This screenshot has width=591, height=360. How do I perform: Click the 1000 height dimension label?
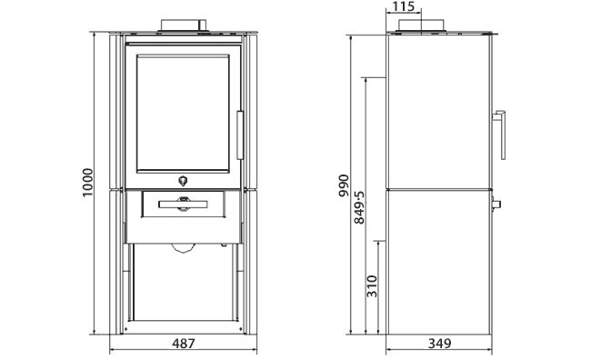coord(87,185)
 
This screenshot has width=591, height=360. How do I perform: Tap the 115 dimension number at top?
coord(403,7)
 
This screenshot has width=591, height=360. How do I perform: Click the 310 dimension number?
coord(371,287)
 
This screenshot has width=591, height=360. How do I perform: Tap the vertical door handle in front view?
coord(240,135)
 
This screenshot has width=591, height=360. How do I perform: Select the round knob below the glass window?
coord(183,180)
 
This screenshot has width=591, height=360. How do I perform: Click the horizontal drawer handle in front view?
coord(183,205)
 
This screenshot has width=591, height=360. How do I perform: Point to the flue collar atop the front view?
coord(183,25)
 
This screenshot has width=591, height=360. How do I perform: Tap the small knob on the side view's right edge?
coord(496,202)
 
